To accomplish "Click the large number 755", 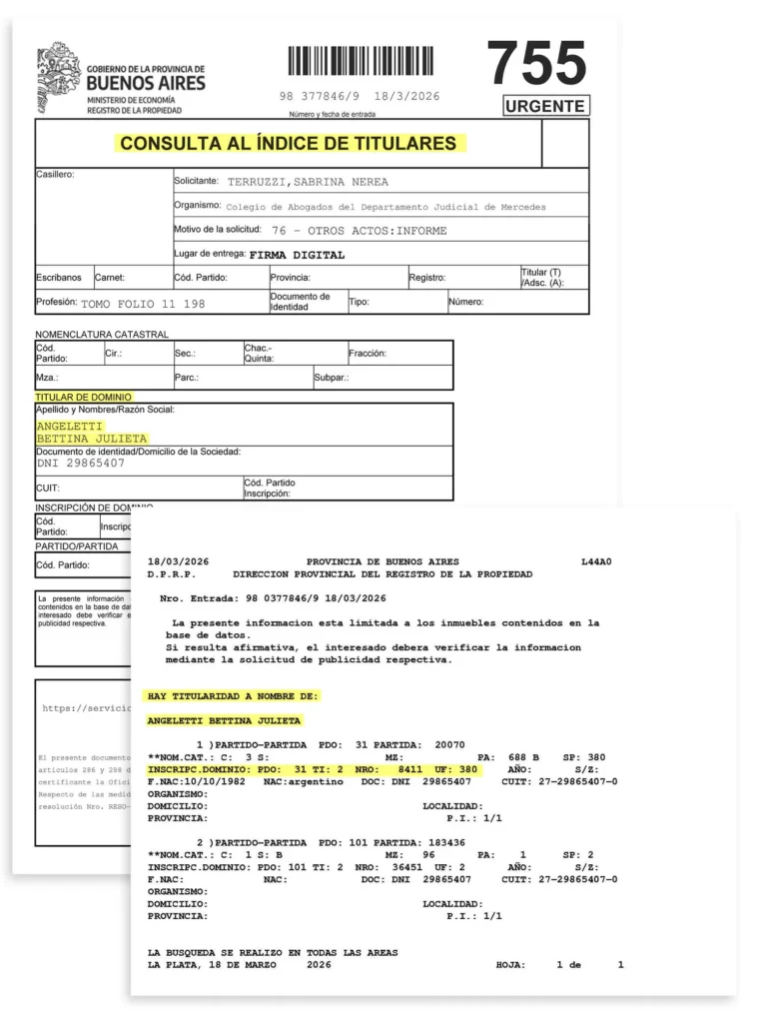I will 536,64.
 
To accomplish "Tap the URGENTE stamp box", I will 545,106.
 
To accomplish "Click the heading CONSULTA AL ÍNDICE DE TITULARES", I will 288,143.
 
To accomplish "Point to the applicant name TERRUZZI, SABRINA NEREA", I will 308,182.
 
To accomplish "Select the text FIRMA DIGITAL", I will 297,255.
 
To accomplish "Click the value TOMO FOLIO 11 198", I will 143,303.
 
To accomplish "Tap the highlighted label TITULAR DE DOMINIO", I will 83,398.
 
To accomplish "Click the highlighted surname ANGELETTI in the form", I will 70,426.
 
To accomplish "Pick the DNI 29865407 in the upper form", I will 81,464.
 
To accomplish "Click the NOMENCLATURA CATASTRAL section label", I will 102,334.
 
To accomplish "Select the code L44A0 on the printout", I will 595,561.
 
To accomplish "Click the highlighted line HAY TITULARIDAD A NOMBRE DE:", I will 233,695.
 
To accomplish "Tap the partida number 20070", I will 449,745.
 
